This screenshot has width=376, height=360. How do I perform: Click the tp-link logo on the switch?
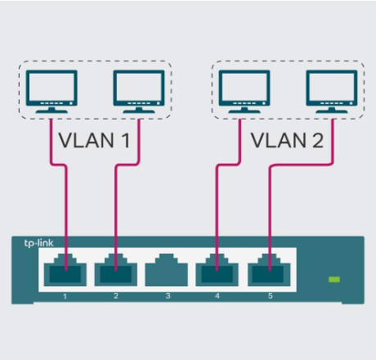click(38, 243)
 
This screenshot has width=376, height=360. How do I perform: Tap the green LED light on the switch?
click(334, 279)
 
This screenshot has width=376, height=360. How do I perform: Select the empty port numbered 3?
click(166, 270)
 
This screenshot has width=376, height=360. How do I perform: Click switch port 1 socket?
click(65, 270)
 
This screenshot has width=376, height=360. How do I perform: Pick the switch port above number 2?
click(116, 270)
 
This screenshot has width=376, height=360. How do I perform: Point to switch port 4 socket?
click(217, 270)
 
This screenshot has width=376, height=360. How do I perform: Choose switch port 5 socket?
click(269, 270)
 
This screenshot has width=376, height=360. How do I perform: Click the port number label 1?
click(65, 296)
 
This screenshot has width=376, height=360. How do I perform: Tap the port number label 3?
click(168, 296)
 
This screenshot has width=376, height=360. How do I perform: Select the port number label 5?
click(271, 296)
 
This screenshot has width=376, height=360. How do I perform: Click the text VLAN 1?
click(94, 141)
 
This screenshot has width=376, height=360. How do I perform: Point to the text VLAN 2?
click(287, 141)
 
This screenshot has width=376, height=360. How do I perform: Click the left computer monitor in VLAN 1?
click(51, 92)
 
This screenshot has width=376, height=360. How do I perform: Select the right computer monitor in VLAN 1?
click(139, 92)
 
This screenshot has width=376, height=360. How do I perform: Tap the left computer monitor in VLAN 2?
click(244, 92)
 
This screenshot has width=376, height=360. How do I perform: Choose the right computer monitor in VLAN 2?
click(332, 92)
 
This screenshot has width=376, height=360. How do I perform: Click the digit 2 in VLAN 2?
click(318, 141)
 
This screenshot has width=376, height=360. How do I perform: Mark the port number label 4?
click(217, 296)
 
